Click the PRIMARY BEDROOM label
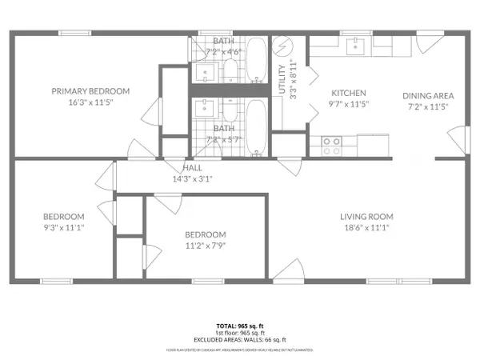click(x=90, y=91)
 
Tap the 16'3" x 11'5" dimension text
click(x=90, y=104)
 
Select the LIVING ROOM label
click(x=366, y=216)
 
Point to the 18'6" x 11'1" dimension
click(x=366, y=229)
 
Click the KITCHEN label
click(x=349, y=93)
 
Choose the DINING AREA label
click(x=427, y=95)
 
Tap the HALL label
click(x=193, y=168)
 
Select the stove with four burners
click(x=332, y=145)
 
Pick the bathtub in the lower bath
click(x=256, y=128)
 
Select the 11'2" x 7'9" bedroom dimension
click(x=206, y=246)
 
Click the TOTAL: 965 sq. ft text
click(x=240, y=326)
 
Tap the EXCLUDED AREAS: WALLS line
click(x=240, y=339)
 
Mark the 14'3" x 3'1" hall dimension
click(x=193, y=180)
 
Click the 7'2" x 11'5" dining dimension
click(x=427, y=106)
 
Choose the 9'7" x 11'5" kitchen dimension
click(x=349, y=105)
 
